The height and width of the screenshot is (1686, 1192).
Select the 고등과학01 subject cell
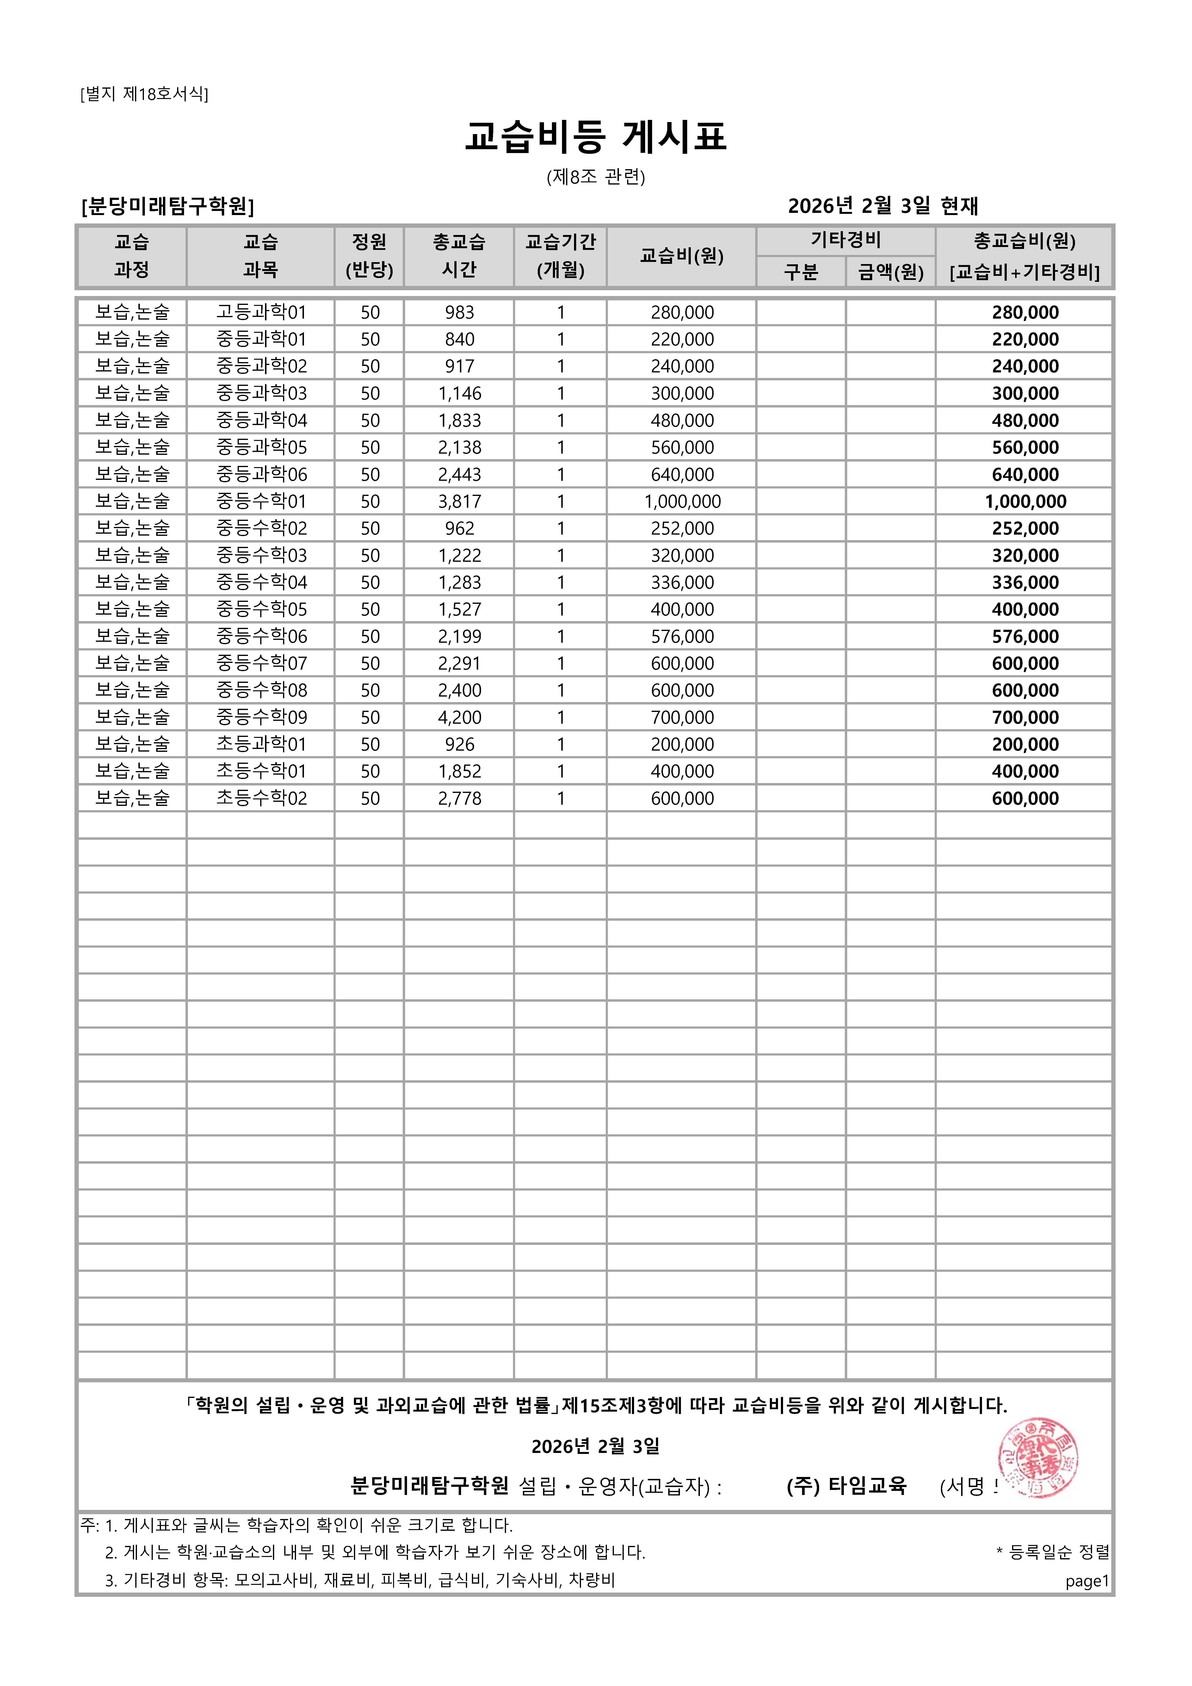tap(261, 312)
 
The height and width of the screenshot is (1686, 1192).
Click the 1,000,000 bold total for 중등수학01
tap(1025, 501)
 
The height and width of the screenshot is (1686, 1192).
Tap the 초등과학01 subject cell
tap(261, 744)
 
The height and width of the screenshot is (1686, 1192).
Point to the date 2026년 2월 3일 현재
tap(883, 206)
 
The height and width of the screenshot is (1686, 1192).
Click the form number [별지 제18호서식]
tap(144, 94)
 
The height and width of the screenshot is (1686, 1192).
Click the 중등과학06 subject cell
tap(261, 474)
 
